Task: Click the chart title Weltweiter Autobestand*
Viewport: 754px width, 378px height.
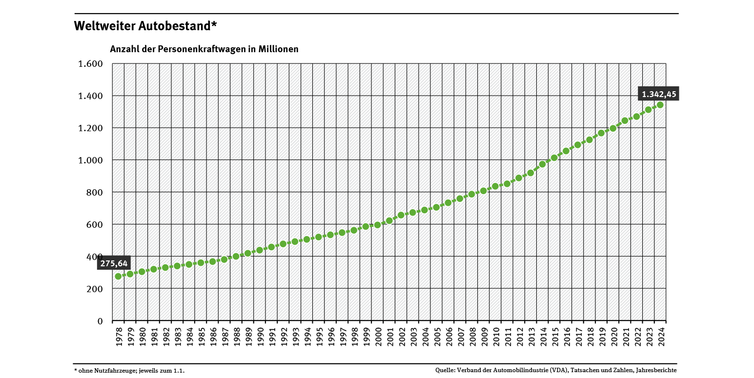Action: point(145,26)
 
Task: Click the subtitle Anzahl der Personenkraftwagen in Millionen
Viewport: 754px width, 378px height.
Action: point(204,49)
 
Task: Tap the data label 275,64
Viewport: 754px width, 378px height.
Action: point(114,263)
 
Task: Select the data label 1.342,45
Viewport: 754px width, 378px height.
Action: point(658,94)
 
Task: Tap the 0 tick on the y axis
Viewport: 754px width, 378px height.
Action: point(100,321)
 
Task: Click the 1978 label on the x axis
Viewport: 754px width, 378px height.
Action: point(119,337)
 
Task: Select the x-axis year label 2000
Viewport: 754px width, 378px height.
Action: point(378,337)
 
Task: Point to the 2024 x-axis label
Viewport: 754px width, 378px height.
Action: point(660,337)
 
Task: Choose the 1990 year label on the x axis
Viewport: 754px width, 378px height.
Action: point(260,337)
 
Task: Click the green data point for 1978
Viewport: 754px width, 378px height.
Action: point(118,276)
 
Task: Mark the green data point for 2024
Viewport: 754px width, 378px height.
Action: point(660,105)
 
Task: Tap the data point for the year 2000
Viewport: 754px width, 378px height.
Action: point(377,225)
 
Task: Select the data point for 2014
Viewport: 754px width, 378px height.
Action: point(542,164)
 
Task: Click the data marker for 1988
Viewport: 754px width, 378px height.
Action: point(236,256)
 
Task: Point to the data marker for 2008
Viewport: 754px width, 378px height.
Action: point(471,194)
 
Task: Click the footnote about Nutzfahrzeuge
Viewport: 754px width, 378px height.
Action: point(129,371)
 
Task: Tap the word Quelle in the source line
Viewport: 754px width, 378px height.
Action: point(445,371)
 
